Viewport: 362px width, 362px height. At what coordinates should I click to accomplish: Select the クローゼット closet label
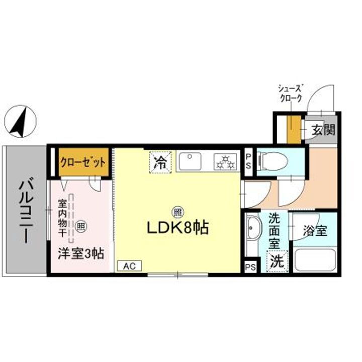83,162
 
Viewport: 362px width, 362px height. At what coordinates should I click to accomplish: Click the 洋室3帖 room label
80,253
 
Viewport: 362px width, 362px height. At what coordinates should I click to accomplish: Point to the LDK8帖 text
177,229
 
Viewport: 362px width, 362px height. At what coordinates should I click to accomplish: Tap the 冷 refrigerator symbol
161,162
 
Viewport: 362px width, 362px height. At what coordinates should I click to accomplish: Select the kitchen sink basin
191,161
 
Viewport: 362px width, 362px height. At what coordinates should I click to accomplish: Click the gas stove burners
225,161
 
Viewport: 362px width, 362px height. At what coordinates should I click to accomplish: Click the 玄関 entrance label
322,130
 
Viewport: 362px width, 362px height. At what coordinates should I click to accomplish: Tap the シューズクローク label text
291,93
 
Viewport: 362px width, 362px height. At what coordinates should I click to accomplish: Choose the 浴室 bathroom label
315,231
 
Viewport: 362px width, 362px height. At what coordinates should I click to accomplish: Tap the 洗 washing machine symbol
277,261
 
